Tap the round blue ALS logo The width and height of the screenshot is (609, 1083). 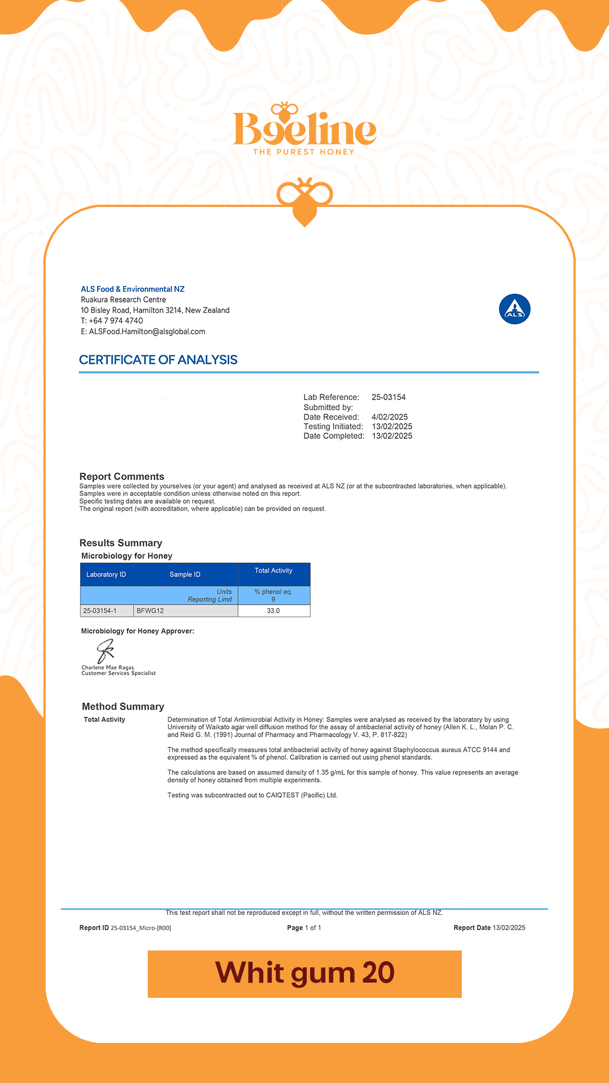514,309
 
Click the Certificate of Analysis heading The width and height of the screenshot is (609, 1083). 158,360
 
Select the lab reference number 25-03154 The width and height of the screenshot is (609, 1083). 389,397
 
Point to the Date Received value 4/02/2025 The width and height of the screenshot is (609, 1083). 390,417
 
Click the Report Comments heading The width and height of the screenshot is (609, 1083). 122,477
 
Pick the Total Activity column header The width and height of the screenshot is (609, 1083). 273,571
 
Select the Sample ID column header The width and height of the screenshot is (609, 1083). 185,574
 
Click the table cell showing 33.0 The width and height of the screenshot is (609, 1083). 273,611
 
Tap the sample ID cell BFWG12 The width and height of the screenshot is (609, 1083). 151,611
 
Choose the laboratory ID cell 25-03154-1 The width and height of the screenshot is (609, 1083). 100,611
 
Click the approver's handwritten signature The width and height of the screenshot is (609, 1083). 105,651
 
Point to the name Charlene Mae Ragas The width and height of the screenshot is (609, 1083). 108,667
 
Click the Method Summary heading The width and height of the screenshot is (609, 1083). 123,707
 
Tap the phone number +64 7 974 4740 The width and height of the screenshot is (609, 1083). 116,321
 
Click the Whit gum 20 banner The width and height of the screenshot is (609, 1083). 304,974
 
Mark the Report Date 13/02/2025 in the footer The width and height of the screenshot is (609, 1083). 509,928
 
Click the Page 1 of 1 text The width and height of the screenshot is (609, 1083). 304,928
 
